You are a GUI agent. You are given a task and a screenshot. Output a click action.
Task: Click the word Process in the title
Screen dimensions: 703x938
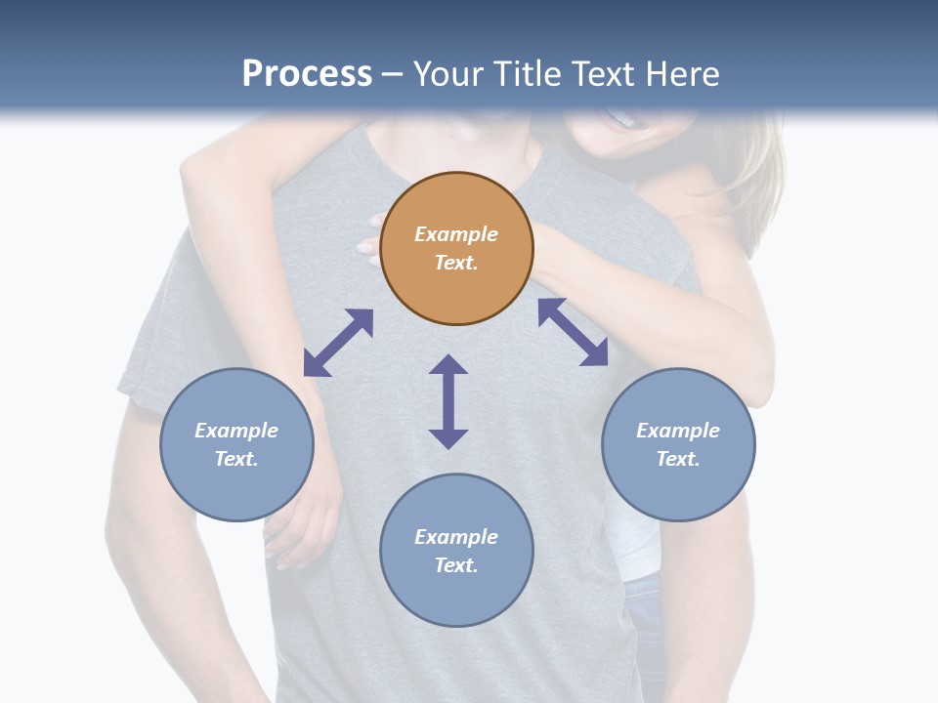307,74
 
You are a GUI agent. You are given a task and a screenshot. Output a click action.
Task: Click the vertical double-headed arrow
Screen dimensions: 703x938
448,401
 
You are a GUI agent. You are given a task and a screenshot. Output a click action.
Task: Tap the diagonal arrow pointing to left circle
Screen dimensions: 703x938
338,343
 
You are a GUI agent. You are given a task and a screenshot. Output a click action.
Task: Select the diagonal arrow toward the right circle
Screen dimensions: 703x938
573,332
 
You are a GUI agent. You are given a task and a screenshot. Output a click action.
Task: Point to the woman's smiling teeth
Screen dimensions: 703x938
621,120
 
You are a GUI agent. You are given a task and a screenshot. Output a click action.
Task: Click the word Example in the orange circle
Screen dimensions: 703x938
456,234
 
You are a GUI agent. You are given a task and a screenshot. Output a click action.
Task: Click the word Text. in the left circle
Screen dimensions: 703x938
236,459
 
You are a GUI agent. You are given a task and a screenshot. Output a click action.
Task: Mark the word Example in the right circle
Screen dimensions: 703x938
678,431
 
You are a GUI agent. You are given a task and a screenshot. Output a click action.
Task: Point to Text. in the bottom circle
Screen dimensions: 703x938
456,565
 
